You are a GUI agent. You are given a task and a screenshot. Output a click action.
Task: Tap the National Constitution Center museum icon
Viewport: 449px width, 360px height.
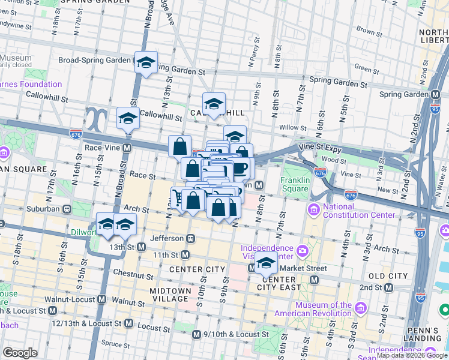313,210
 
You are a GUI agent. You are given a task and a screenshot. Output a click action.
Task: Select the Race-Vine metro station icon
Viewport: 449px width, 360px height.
127,148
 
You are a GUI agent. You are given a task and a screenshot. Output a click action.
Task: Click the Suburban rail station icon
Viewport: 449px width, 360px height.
67,209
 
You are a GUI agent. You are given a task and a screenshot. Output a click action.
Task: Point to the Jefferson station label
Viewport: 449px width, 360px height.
166,238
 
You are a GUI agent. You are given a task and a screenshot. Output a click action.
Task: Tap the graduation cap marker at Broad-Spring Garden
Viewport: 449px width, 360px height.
145,62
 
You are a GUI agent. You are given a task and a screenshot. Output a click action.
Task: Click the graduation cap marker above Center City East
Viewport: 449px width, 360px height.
266,263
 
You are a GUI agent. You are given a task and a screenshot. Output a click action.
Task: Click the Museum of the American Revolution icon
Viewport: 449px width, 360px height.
361,309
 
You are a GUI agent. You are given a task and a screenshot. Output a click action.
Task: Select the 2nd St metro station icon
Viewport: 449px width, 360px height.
388,287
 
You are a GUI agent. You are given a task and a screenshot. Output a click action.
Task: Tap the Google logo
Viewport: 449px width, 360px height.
20,353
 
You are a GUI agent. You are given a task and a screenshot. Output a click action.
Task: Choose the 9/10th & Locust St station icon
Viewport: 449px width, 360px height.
196,334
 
